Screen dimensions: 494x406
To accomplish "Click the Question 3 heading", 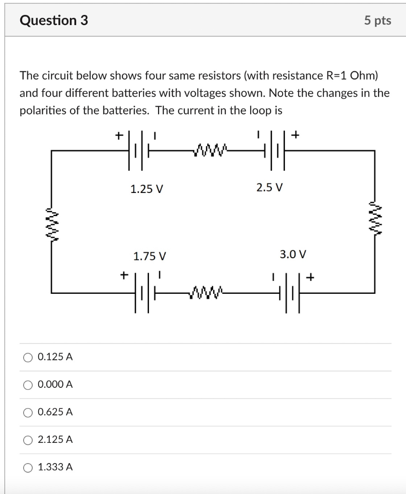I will [x=54, y=20].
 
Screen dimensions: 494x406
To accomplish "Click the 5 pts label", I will [x=378, y=21].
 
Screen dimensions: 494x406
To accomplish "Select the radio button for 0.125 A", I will [x=28, y=357].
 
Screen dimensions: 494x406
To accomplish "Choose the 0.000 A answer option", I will [x=28, y=385].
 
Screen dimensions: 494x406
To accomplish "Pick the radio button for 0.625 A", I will [x=28, y=412].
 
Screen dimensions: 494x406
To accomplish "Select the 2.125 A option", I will [x=28, y=440].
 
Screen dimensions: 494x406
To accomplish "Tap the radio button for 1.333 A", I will [x=28, y=467].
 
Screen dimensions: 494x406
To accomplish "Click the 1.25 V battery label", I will [x=147, y=189].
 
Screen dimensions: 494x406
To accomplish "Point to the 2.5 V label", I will [x=270, y=187].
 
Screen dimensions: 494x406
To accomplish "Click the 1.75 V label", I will [x=149, y=256].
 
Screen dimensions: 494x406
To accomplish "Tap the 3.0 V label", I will [x=293, y=254].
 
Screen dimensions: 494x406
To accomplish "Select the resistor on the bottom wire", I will [x=208, y=292].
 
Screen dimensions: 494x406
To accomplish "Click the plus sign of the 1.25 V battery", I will [x=119, y=136].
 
